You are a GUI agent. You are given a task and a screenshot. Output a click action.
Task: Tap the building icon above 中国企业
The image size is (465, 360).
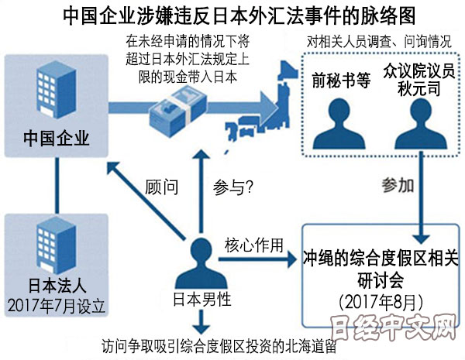pos(56,91)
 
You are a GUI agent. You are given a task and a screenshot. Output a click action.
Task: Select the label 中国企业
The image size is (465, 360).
pos(57,140)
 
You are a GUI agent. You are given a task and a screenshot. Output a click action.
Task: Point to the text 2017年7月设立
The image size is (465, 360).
pos(57,303)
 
